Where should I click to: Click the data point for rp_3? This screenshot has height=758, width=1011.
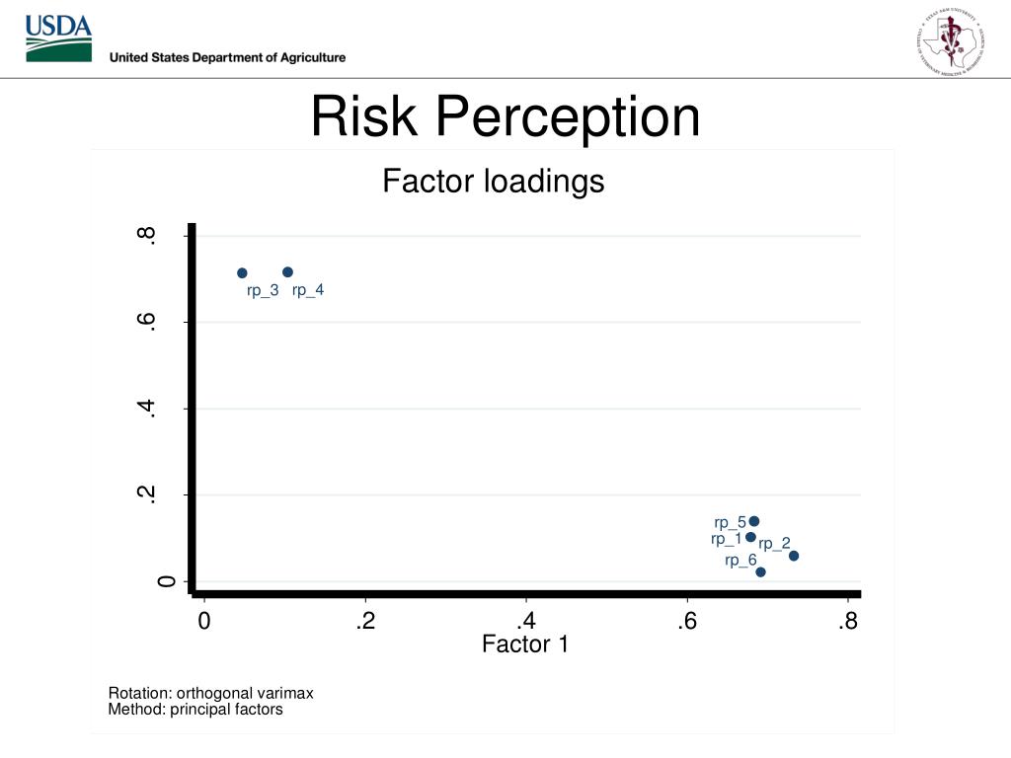(242, 272)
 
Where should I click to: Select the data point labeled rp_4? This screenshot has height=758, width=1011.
(287, 271)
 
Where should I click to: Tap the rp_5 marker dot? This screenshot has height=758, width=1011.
(754, 521)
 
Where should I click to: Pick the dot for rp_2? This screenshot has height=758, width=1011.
(794, 556)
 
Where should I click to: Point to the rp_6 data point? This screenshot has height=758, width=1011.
(760, 571)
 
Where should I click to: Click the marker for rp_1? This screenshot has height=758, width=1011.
(750, 537)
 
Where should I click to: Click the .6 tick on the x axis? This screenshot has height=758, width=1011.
(687, 622)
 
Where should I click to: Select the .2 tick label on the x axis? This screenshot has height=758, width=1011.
(365, 622)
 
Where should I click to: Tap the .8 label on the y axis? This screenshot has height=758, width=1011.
(147, 236)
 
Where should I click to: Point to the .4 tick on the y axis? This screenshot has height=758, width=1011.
(147, 409)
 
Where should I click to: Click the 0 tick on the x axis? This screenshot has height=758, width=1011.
(203, 622)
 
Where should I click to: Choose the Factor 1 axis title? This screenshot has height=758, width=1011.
(525, 644)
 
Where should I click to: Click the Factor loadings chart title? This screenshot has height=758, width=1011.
(493, 182)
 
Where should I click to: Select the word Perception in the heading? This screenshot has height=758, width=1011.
(569, 116)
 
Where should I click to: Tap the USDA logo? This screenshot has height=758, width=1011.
(58, 38)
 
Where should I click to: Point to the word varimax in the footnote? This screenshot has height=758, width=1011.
(285, 693)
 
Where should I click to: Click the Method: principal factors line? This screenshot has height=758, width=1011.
(195, 709)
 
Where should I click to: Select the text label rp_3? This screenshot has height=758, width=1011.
(263, 290)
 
